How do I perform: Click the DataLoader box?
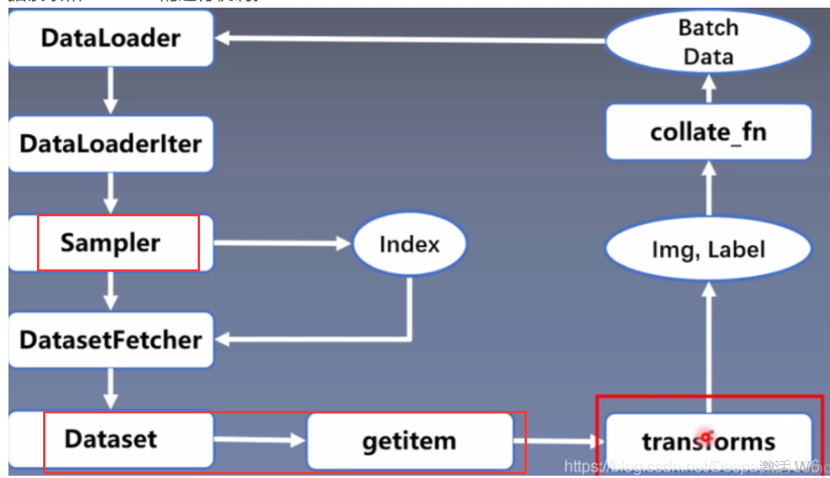point(111,38)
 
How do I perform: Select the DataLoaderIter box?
point(111,144)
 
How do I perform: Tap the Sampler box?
point(111,243)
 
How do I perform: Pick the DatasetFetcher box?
point(111,339)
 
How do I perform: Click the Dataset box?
point(111,440)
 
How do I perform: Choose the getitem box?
point(409,441)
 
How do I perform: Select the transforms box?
point(708,441)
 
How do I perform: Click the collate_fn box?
point(708,132)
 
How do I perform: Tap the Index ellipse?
point(409,245)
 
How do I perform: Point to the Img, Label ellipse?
point(708,250)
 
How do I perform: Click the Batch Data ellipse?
point(708,42)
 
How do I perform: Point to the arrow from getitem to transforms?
point(558,442)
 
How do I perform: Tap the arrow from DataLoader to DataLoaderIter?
point(111,90)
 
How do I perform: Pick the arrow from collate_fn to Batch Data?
point(708,89)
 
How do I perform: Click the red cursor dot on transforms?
point(705,436)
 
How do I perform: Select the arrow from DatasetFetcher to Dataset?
point(111,389)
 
